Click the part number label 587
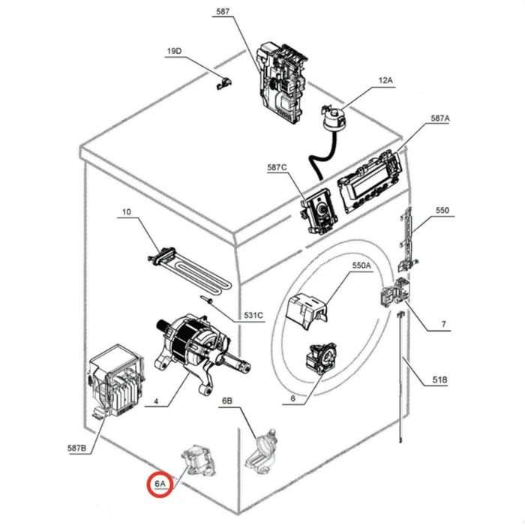(223, 12)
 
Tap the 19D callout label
(174, 51)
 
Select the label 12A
(385, 80)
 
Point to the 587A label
(440, 118)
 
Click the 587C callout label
(277, 167)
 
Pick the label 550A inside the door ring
(361, 265)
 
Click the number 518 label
(439, 379)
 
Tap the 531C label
(253, 316)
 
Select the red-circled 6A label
(160, 484)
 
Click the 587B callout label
(77, 448)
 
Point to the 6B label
(227, 400)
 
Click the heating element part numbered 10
(190, 271)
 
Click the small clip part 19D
(223, 83)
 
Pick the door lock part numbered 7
(395, 291)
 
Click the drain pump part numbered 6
(320, 358)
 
